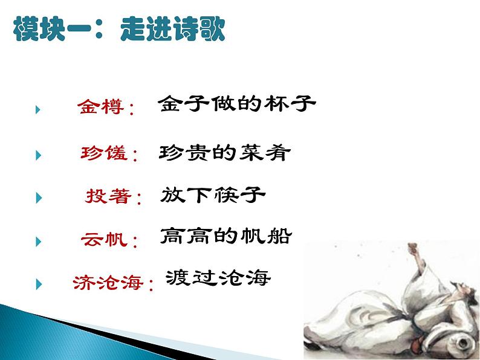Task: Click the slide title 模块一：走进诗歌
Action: coord(118,28)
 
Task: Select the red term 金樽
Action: coord(100,108)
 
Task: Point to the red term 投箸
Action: coord(106,197)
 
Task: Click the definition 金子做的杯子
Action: coord(237,104)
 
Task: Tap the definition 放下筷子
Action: coord(213,195)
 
